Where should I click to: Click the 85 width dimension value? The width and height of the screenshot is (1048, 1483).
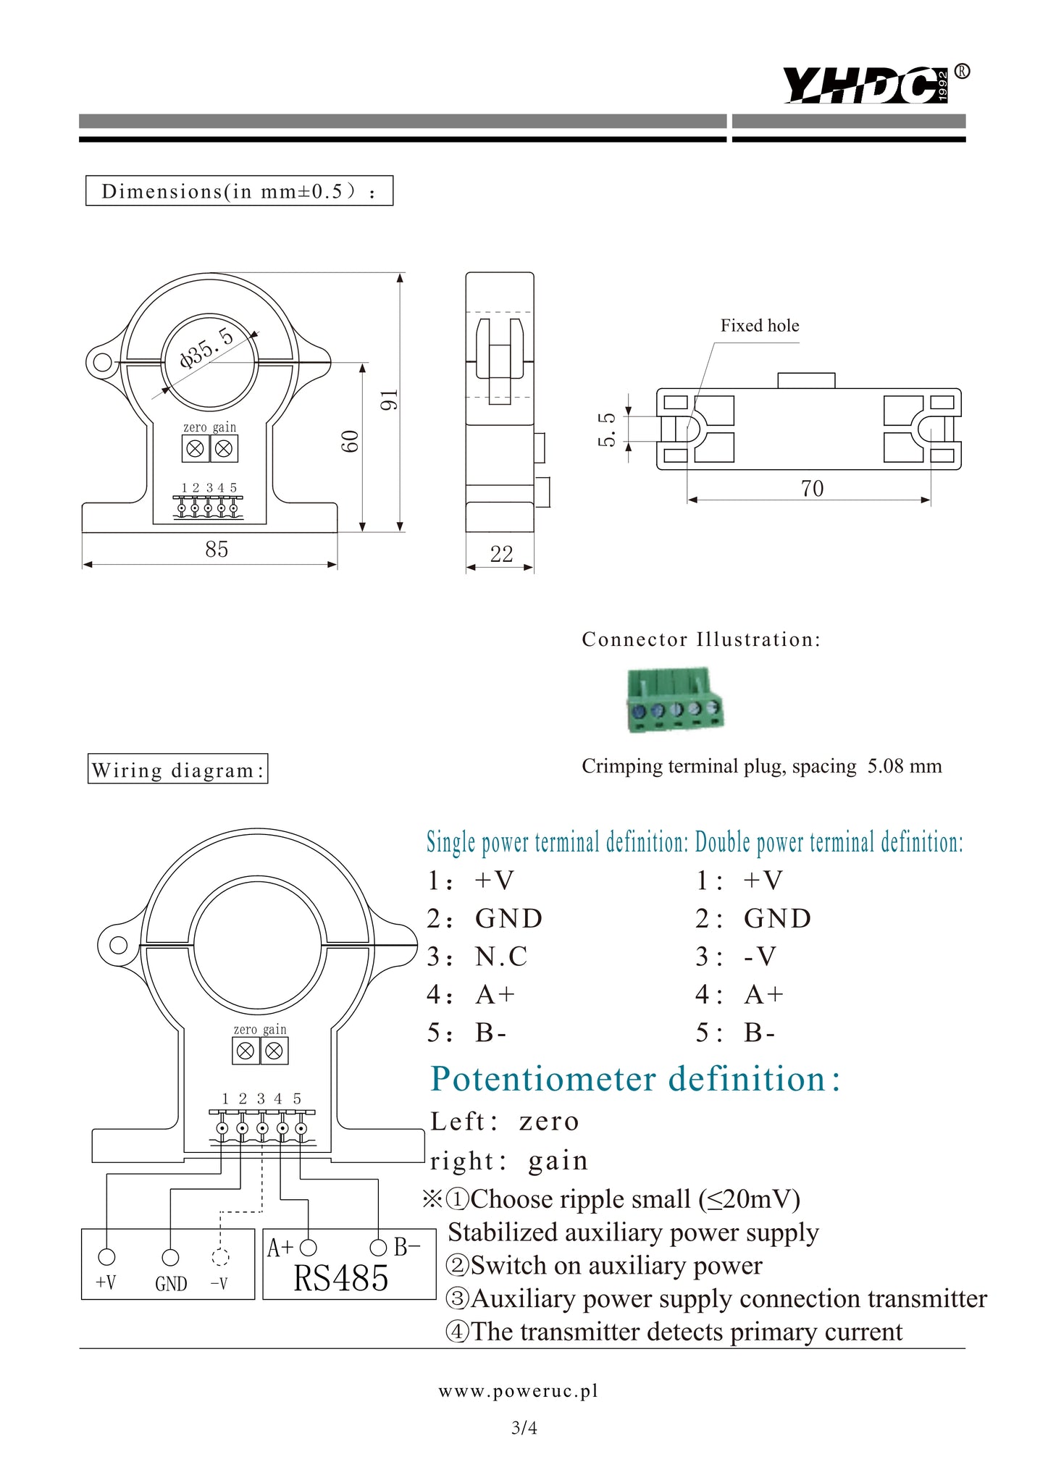(217, 550)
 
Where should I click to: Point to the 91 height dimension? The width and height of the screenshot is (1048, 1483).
(390, 399)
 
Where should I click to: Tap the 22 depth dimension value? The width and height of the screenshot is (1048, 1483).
(501, 555)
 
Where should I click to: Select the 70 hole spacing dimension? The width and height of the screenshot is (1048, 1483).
(812, 489)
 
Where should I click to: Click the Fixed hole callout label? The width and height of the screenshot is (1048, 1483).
(759, 326)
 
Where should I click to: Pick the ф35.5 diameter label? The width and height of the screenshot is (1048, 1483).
(207, 348)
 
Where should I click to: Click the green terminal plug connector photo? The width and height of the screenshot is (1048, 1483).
(674, 700)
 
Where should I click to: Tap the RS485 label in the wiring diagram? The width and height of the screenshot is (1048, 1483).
(340, 1279)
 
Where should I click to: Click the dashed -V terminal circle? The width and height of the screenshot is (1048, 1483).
(220, 1257)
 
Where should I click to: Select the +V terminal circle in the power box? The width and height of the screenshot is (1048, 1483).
(106, 1256)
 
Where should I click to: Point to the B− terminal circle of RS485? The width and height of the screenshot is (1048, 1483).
(378, 1247)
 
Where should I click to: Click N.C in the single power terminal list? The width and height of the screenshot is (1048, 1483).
(501, 957)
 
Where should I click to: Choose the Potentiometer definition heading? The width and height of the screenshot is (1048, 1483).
(635, 1079)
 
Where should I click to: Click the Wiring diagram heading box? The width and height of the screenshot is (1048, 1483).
(177, 769)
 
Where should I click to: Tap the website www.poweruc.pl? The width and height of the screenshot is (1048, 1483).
(519, 1391)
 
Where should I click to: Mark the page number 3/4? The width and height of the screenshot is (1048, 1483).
(524, 1428)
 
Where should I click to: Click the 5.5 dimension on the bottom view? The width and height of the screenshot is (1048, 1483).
(607, 429)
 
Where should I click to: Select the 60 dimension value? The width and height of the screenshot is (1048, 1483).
(351, 441)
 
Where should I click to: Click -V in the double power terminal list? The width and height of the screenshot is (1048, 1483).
(760, 957)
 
